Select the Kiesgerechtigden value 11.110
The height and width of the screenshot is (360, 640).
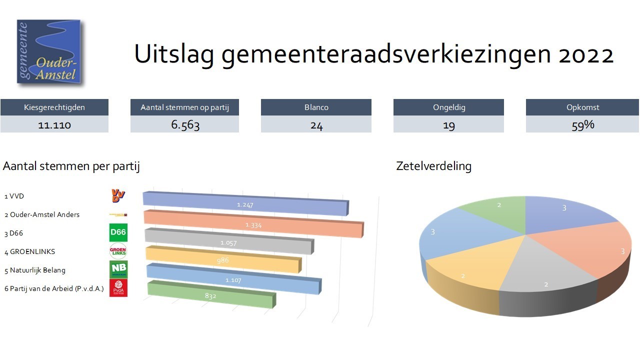pyautogui.click(x=54, y=124)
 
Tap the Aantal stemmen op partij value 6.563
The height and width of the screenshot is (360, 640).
pyautogui.click(x=185, y=124)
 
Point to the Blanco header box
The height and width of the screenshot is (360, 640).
pyautogui.click(x=316, y=107)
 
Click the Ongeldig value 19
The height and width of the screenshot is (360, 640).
pyautogui.click(x=448, y=124)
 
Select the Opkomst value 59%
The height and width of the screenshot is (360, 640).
pyautogui.click(x=582, y=124)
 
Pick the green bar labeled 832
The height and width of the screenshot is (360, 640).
pyautogui.click(x=210, y=295)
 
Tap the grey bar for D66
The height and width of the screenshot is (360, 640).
pyautogui.click(x=228, y=242)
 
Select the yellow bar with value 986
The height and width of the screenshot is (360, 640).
pyautogui.click(x=223, y=260)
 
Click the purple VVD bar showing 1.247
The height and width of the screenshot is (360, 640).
pyautogui.click(x=245, y=204)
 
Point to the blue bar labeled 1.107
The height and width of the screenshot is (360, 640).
pyautogui.click(x=233, y=280)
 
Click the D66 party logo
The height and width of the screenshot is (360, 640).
pyautogui.click(x=118, y=233)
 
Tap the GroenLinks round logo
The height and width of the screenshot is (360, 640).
pyautogui.click(x=118, y=251)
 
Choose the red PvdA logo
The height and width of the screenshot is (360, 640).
pyautogui.click(x=118, y=288)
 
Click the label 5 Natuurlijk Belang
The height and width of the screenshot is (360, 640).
pyautogui.click(x=35, y=270)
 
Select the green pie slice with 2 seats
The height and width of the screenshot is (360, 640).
pyautogui.click(x=497, y=212)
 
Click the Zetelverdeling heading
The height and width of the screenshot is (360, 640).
pyautogui.click(x=433, y=166)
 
